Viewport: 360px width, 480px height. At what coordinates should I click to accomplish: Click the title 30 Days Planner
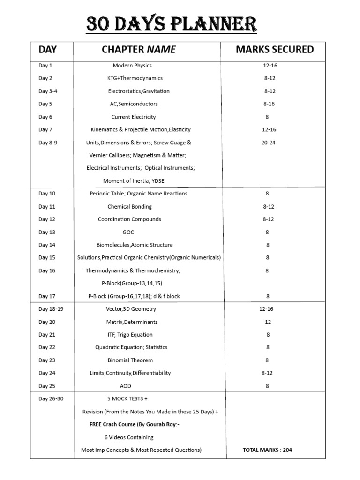[172, 24]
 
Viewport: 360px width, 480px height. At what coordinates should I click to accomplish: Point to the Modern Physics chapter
[132, 66]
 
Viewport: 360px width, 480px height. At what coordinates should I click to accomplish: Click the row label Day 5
[45, 104]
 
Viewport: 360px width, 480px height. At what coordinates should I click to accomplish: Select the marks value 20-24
[268, 142]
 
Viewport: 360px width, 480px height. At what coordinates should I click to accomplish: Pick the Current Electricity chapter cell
[134, 117]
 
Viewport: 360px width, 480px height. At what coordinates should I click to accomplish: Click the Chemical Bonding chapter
[130, 206]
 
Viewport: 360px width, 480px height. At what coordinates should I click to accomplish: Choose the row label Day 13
[47, 232]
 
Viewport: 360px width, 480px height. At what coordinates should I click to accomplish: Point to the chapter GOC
[128, 232]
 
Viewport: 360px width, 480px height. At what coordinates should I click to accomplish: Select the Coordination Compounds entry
[129, 219]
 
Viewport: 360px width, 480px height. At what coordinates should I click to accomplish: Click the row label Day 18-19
[51, 309]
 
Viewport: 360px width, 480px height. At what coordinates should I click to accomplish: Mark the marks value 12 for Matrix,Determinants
[268, 322]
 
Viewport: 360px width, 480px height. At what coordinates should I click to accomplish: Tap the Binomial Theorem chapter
[130, 360]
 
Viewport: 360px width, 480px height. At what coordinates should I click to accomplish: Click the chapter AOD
[126, 386]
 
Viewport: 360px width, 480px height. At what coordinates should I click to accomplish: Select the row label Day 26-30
[51, 398]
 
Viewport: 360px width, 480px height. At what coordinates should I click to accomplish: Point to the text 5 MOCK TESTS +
[127, 398]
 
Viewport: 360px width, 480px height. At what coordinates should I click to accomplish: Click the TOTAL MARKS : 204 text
[267, 450]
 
